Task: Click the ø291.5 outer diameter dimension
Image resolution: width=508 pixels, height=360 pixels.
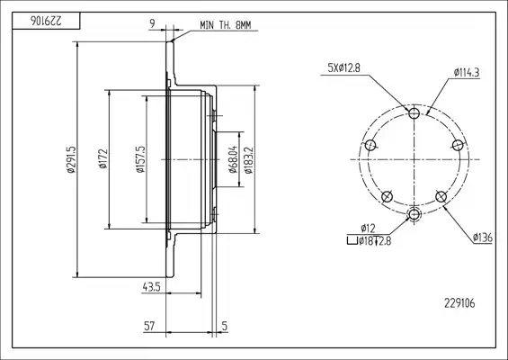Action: pyautogui.click(x=71, y=159)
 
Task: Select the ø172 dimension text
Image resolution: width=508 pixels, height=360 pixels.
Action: pyautogui.click(x=103, y=159)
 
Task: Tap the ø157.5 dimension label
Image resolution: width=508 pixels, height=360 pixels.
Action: pyautogui.click(x=140, y=159)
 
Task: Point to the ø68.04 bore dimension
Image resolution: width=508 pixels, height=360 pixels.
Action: pyautogui.click(x=234, y=159)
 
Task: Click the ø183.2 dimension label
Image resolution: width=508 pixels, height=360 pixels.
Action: pyautogui.click(x=248, y=160)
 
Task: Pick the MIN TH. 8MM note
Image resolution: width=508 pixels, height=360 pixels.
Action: pyautogui.click(x=226, y=25)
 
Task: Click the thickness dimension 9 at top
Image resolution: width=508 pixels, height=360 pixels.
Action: pyautogui.click(x=152, y=23)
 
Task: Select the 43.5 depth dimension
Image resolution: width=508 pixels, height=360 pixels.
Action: pyautogui.click(x=151, y=287)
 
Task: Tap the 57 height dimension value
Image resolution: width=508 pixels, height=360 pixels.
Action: pyautogui.click(x=149, y=326)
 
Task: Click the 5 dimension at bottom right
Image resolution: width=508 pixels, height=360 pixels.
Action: pyautogui.click(x=225, y=326)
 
